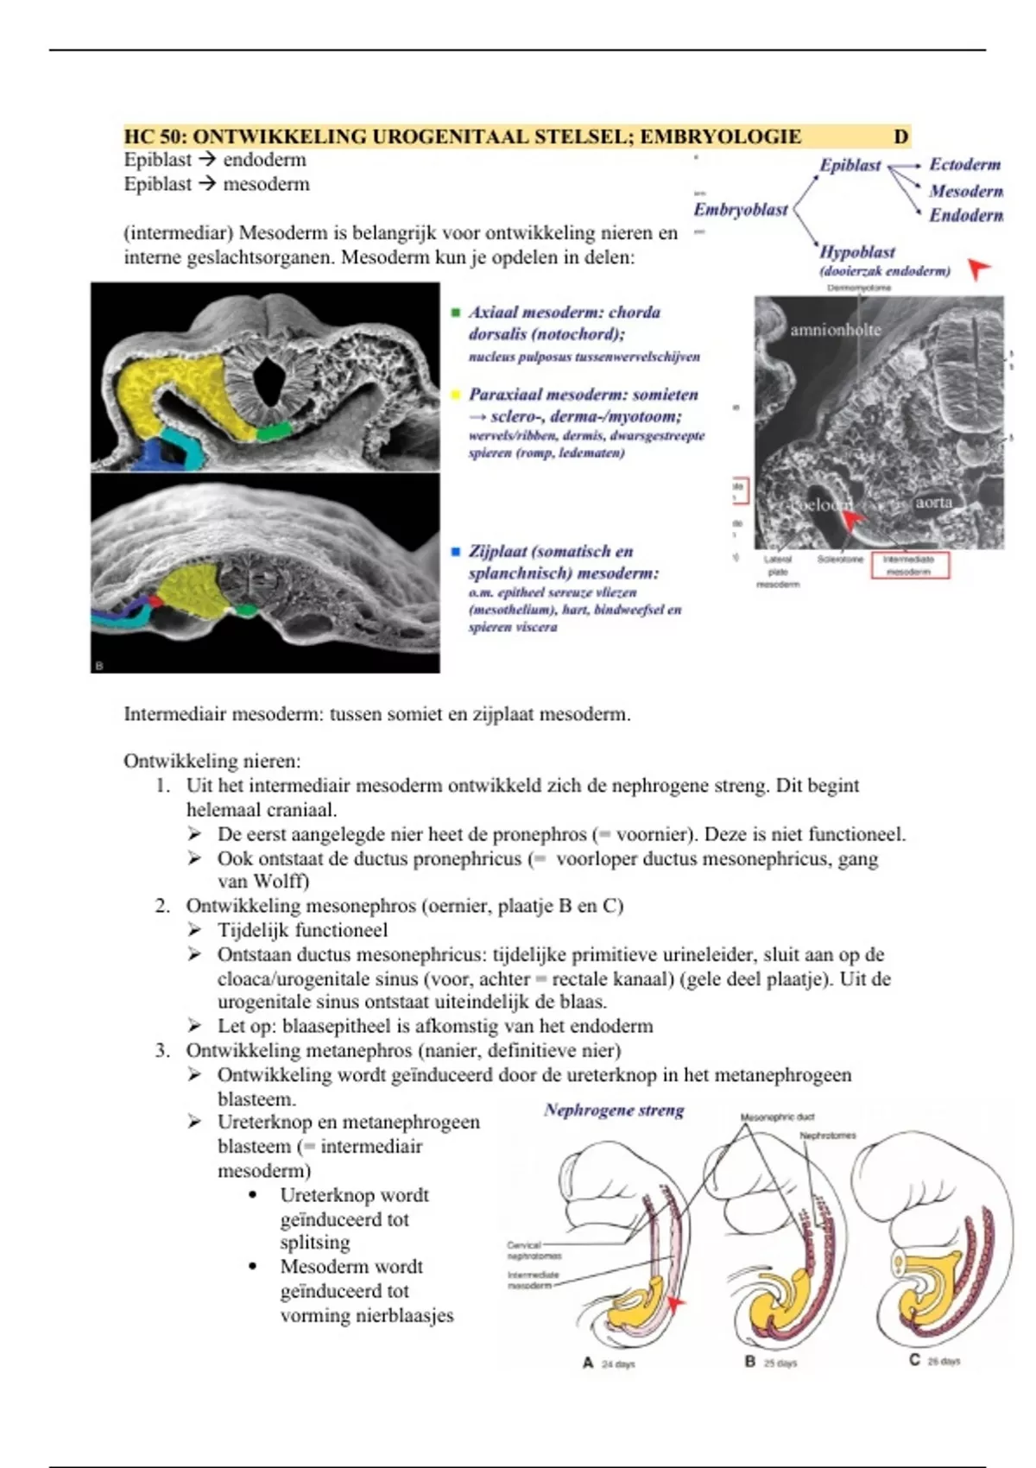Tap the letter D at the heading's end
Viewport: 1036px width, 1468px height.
pyautogui.click(x=900, y=136)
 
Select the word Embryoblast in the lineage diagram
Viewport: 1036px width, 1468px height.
pyautogui.click(x=741, y=210)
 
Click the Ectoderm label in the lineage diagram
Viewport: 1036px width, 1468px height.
pyautogui.click(x=964, y=164)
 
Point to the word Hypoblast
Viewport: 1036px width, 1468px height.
pyautogui.click(x=856, y=252)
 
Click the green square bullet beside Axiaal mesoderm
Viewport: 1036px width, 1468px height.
pyautogui.click(x=456, y=313)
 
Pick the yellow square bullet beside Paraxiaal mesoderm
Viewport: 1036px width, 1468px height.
pyautogui.click(x=456, y=395)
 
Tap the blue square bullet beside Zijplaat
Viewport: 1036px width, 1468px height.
pyautogui.click(x=456, y=551)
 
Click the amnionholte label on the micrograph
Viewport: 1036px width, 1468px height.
pyautogui.click(x=835, y=330)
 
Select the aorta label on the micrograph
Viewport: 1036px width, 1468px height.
pyautogui.click(x=933, y=502)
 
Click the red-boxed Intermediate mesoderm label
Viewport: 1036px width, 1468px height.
pyautogui.click(x=909, y=565)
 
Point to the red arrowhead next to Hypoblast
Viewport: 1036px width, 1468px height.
pyautogui.click(x=977, y=269)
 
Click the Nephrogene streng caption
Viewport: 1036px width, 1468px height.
pyautogui.click(x=614, y=1110)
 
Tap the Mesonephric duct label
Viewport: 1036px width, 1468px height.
pyautogui.click(x=777, y=1117)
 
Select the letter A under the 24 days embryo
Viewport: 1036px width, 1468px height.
pyautogui.click(x=588, y=1363)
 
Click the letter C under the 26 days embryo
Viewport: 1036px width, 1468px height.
pyautogui.click(x=913, y=1360)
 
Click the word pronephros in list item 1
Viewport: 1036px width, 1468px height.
pyautogui.click(x=544, y=834)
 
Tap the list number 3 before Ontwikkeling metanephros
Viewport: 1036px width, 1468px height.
pyautogui.click(x=162, y=1051)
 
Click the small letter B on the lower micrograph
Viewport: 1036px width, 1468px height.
pyautogui.click(x=99, y=666)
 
